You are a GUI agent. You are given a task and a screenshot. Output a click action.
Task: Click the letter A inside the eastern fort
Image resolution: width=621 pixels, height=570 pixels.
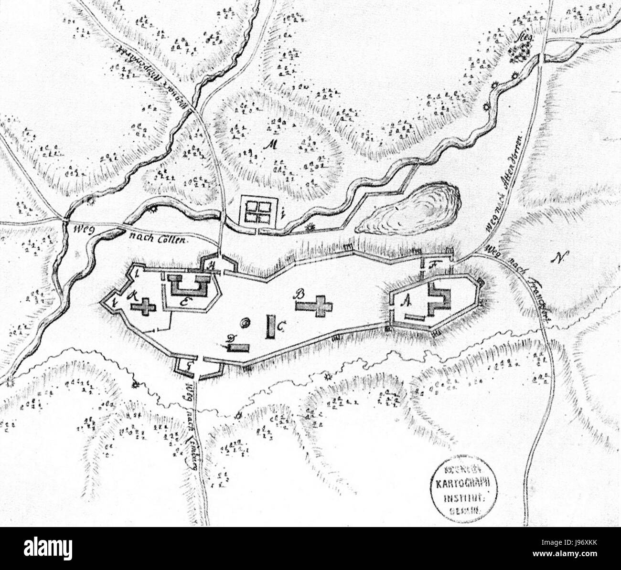point(407,299)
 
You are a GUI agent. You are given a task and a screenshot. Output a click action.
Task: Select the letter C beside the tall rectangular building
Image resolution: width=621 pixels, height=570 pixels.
point(281,327)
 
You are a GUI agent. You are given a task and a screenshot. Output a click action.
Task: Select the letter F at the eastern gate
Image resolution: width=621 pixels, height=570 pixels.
point(433,263)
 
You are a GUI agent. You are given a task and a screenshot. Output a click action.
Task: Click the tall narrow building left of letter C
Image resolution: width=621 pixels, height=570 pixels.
point(270,327)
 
